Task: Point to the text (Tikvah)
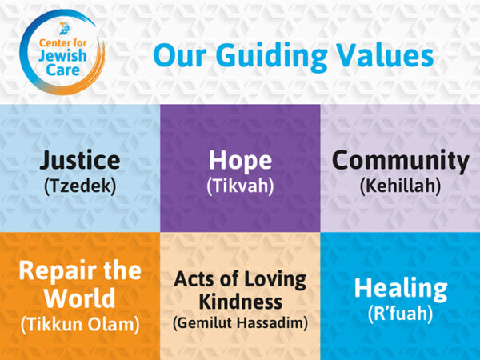tap(240, 187)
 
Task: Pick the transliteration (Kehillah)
tap(400, 187)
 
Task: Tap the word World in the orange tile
tap(79, 298)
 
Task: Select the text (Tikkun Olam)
tap(79, 324)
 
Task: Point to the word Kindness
tap(240, 303)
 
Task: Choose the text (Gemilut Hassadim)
tap(240, 323)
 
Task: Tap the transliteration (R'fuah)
tap(400, 314)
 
